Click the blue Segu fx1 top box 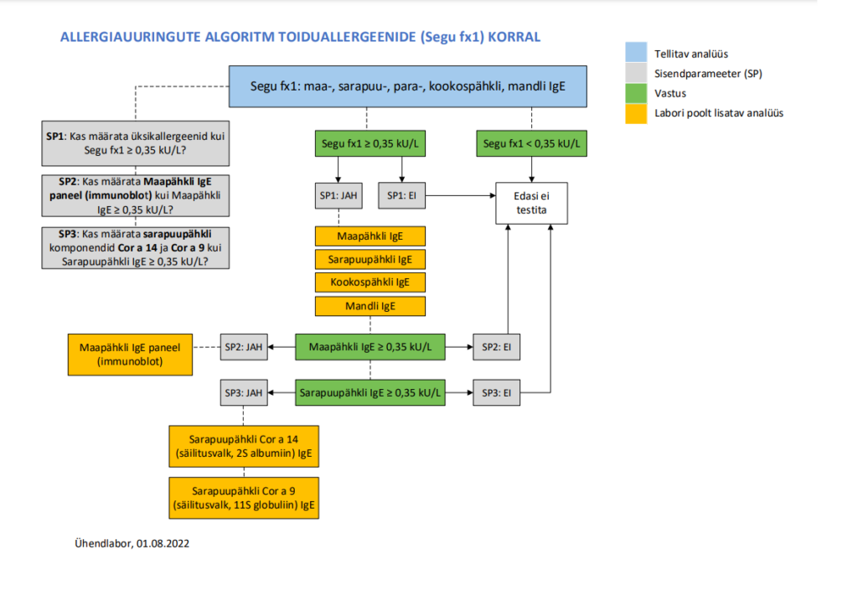tap(408, 86)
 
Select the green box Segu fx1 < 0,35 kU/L tap(531, 143)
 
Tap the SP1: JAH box tap(339, 195)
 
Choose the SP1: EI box tap(401, 195)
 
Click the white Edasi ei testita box tap(531, 203)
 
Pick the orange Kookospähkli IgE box tap(370, 282)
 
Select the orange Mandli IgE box tap(370, 306)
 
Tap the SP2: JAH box tap(244, 347)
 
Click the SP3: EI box tap(496, 393)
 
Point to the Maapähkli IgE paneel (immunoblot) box tap(130, 355)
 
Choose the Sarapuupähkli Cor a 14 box tap(244, 446)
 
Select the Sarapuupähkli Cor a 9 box tap(244, 498)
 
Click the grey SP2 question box tap(136, 196)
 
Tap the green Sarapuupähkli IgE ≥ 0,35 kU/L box tap(370, 393)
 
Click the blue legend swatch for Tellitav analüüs tap(636, 52)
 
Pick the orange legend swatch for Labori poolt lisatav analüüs tap(636, 114)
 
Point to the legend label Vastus tap(670, 94)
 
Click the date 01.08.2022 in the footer tap(163, 543)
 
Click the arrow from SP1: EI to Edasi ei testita tap(461, 195)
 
